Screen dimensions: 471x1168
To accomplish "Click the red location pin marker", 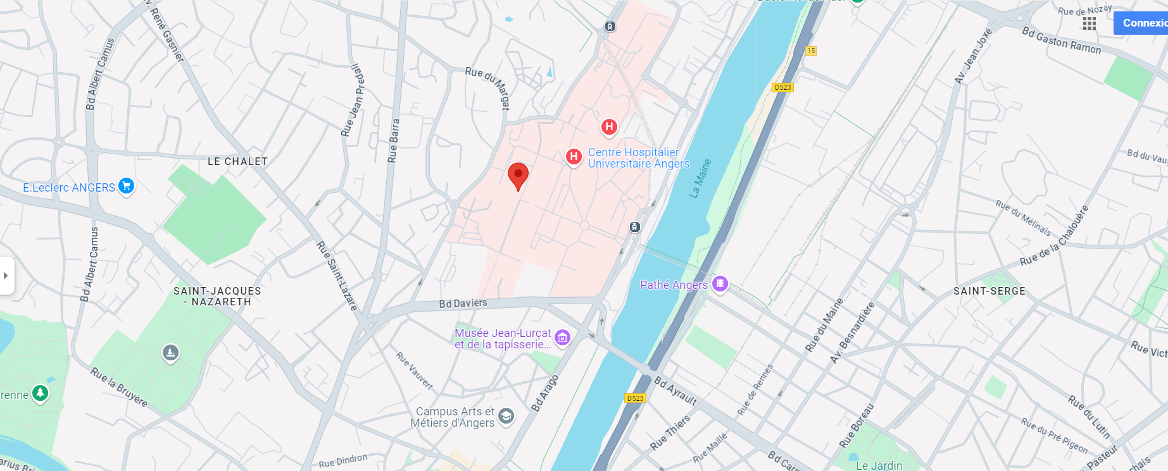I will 518,174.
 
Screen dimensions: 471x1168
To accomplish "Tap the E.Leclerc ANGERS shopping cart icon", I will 127,187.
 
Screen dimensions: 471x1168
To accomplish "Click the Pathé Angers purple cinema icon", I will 720,284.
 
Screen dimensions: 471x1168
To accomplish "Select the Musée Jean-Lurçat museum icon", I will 562,338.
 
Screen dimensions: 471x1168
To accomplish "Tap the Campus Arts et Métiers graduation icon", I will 506,416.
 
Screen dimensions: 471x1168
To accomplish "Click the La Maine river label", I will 700,178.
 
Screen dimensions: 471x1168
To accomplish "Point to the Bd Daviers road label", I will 463,303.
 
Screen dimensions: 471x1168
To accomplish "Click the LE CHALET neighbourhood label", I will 237,162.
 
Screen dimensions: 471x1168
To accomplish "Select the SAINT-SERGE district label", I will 989,291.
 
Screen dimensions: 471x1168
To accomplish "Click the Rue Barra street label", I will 394,140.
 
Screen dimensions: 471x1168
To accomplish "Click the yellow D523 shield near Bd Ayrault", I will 635,398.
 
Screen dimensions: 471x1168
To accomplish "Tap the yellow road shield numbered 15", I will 811,51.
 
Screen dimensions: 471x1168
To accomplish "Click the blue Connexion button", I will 1143,23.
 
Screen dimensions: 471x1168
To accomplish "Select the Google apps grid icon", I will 1089,23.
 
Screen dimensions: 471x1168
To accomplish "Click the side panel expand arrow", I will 6,276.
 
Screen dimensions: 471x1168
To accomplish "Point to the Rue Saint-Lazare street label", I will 337,275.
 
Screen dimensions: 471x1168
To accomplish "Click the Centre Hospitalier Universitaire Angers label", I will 637,158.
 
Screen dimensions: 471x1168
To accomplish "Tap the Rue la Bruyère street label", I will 118,386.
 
